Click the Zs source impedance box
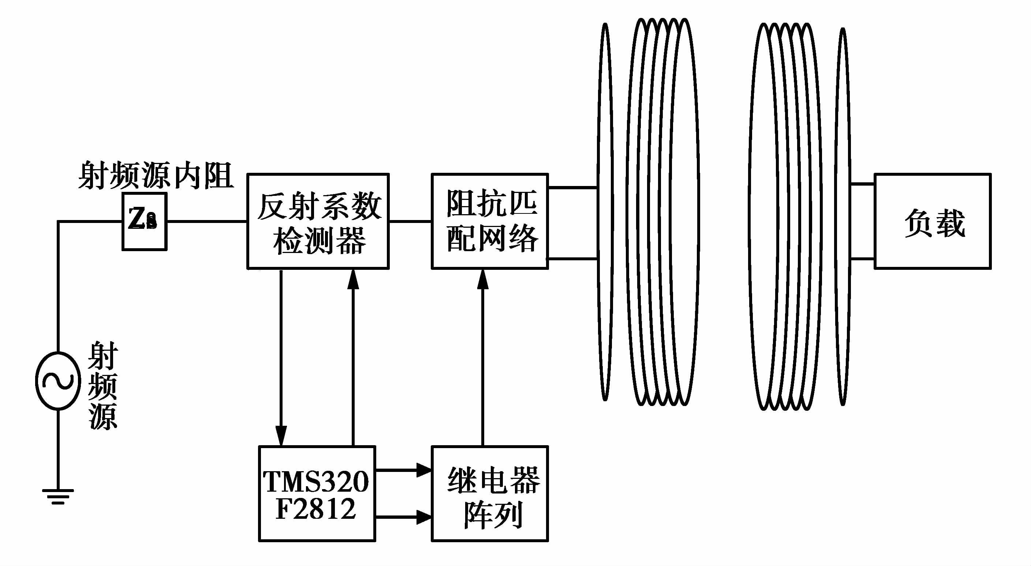click(x=144, y=221)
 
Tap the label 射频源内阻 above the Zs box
click(x=155, y=176)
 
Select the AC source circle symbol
click(x=58, y=381)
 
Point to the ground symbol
click(x=58, y=496)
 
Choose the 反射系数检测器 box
click(x=318, y=221)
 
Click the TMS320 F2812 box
click(x=317, y=493)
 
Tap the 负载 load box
click(x=933, y=221)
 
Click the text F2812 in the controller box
click(x=316, y=509)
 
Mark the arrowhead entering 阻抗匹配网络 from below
click(x=483, y=279)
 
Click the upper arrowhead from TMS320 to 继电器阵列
click(x=423, y=470)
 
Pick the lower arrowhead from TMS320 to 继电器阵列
click(x=423, y=517)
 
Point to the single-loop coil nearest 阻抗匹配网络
click(x=605, y=212)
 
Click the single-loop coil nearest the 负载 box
click(x=843, y=216)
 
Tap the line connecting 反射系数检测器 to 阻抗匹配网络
click(x=410, y=221)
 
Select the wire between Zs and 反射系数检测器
click(x=206, y=221)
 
